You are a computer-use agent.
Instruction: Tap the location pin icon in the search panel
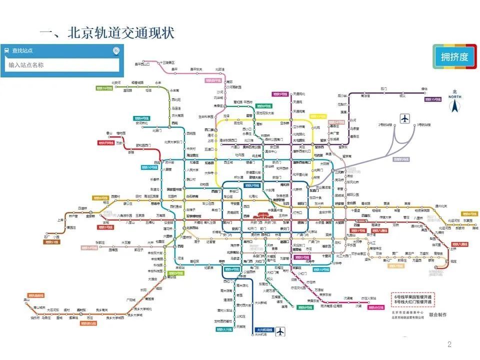coord(116,50)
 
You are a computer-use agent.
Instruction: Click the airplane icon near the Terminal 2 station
coord(404,118)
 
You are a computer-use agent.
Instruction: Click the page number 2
coord(449,344)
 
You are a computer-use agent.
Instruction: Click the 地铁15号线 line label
coord(433,99)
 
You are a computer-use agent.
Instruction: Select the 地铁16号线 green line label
coord(104,88)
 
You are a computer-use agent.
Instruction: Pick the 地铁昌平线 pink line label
coord(213,80)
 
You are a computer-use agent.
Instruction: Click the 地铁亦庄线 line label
coord(380,306)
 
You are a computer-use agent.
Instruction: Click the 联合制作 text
coord(438,314)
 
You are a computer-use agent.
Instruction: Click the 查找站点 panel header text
coord(22,50)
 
